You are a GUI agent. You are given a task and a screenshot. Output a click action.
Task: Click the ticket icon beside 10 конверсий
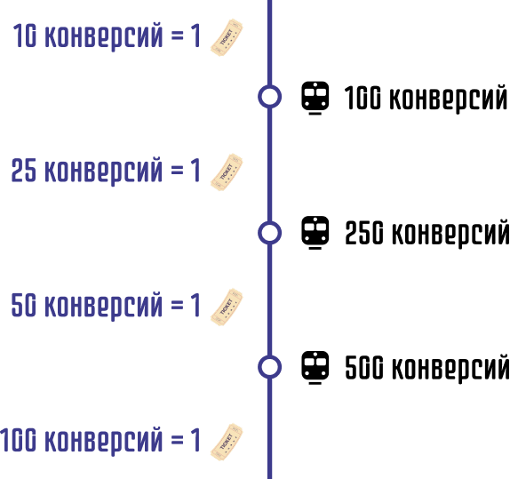coord(227,37)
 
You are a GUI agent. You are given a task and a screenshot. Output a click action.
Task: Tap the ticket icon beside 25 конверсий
coord(227,172)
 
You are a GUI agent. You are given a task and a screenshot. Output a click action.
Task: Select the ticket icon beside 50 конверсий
coord(227,307)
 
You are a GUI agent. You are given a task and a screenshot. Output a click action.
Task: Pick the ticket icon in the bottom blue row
coord(227,442)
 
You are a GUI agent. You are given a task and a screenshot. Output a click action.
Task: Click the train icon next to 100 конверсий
coord(315,98)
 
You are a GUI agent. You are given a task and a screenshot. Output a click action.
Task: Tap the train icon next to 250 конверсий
coord(315,233)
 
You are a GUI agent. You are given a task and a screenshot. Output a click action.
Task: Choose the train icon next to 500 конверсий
coord(315,367)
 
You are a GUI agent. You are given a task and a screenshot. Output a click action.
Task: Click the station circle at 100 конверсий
coord(269,85)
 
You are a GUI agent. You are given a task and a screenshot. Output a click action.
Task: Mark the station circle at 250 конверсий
coord(269,221)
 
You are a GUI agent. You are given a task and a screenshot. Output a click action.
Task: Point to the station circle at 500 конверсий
coord(269,356)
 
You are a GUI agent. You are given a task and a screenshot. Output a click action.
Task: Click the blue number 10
coord(25,36)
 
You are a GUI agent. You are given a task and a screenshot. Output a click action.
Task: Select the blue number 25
coord(24,171)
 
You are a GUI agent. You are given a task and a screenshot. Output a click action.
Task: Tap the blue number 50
coord(24,305)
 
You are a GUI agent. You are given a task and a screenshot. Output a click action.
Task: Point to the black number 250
coord(364,233)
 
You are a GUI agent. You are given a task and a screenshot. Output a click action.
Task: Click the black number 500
coord(364,367)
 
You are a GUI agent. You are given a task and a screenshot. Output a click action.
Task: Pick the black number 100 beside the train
coord(363,98)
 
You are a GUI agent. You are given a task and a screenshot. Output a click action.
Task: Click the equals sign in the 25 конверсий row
coord(178,170)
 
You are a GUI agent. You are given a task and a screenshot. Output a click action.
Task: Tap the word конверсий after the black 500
coord(450,368)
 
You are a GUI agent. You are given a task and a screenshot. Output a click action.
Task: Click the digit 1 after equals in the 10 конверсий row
coord(195,36)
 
